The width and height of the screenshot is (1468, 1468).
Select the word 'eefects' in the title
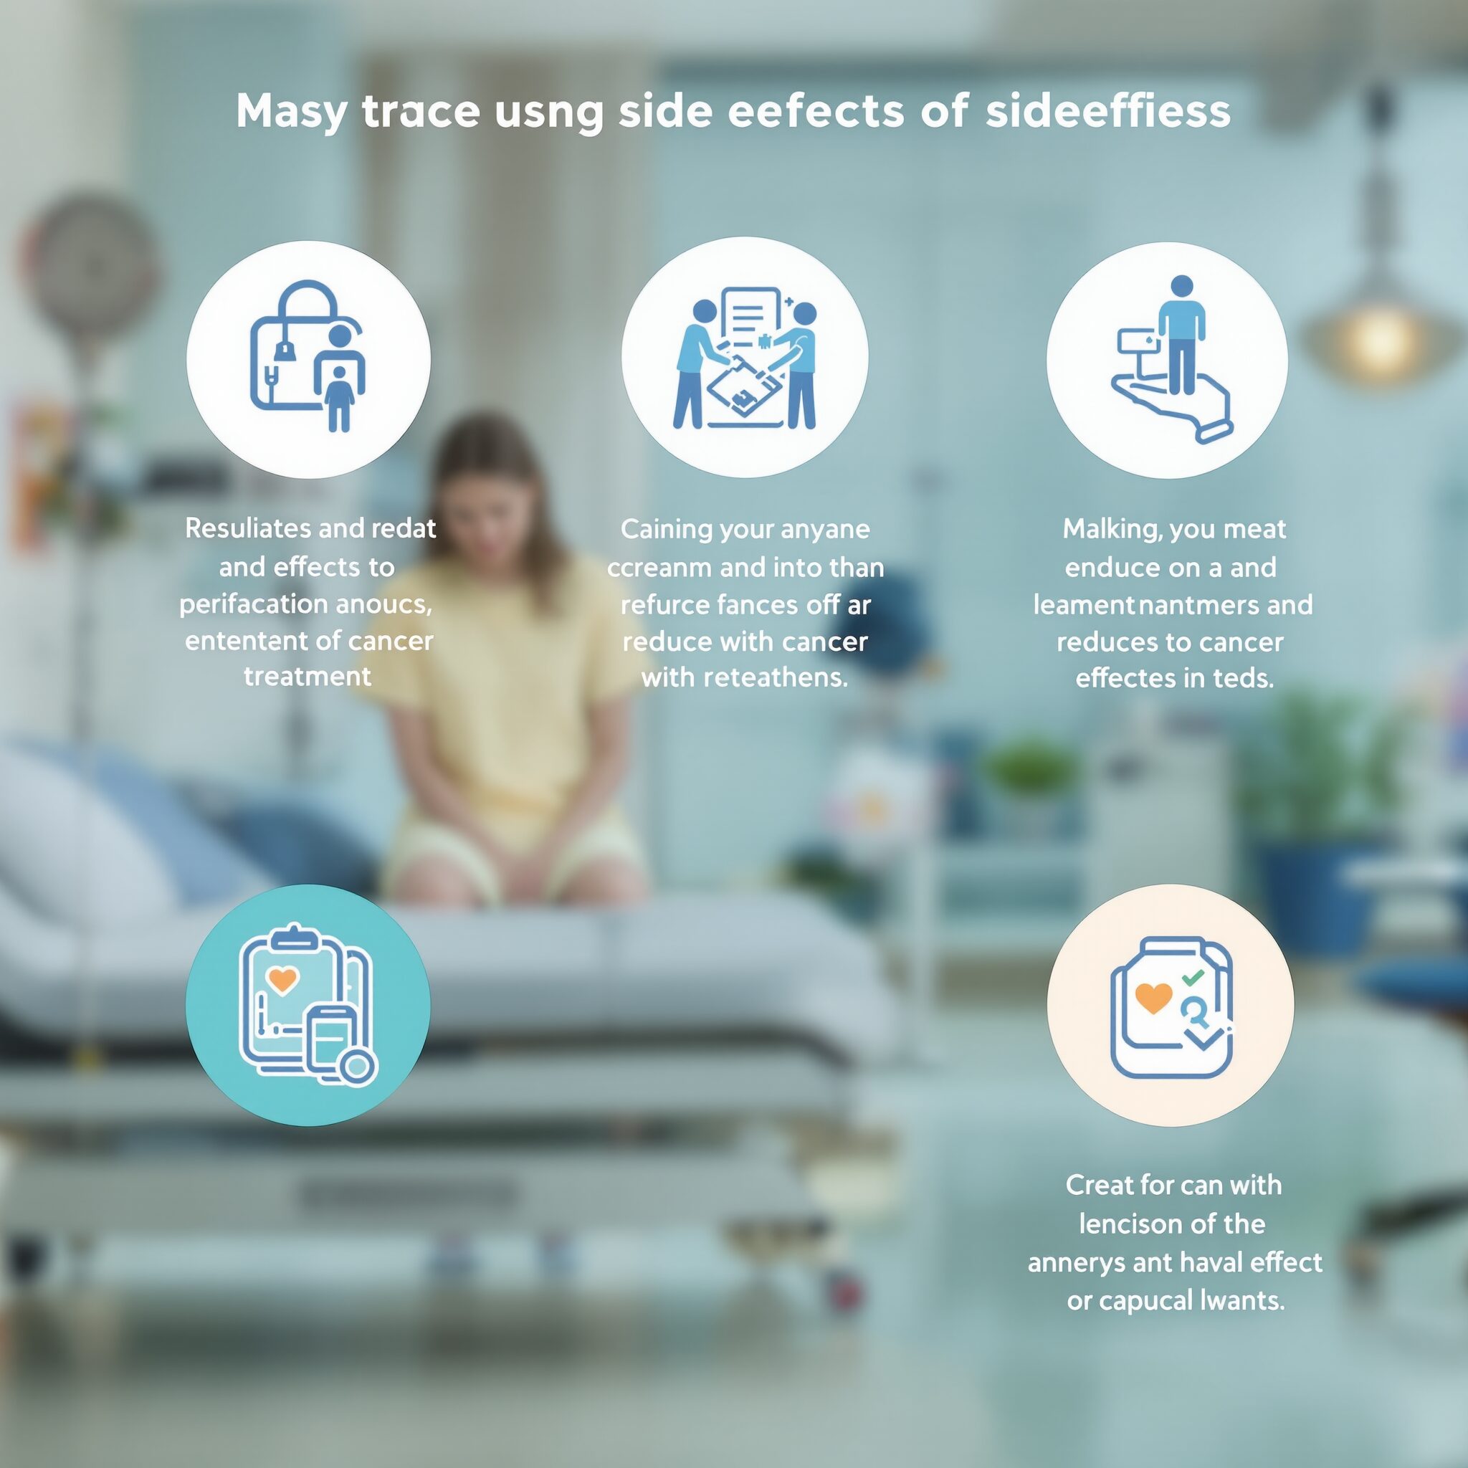coord(815,110)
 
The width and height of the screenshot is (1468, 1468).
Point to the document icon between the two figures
coord(752,324)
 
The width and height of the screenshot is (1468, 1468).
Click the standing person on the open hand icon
coord(1181,335)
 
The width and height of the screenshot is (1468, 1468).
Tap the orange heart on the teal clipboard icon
coord(282,979)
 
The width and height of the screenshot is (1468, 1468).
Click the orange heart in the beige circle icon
coord(1153,998)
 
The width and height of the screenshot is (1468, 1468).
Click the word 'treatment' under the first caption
coord(308,676)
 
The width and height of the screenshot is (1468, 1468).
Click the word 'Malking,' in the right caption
coord(1112,530)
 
